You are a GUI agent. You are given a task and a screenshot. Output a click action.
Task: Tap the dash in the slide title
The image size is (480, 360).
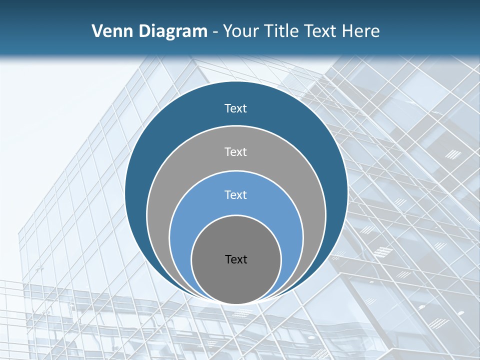[215, 32]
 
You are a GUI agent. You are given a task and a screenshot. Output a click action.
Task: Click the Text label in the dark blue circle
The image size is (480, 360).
[236, 108]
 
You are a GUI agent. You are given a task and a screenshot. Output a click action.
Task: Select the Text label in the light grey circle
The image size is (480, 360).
[236, 151]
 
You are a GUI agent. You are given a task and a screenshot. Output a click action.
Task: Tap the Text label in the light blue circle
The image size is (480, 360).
[236, 195]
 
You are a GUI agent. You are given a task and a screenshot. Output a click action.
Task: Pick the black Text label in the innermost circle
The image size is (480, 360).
[236, 259]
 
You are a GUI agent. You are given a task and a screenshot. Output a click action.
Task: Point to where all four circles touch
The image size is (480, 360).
[236, 303]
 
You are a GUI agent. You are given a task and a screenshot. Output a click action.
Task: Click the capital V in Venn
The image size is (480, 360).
[97, 31]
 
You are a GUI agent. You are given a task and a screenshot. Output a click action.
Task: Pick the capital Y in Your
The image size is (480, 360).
[227, 31]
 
